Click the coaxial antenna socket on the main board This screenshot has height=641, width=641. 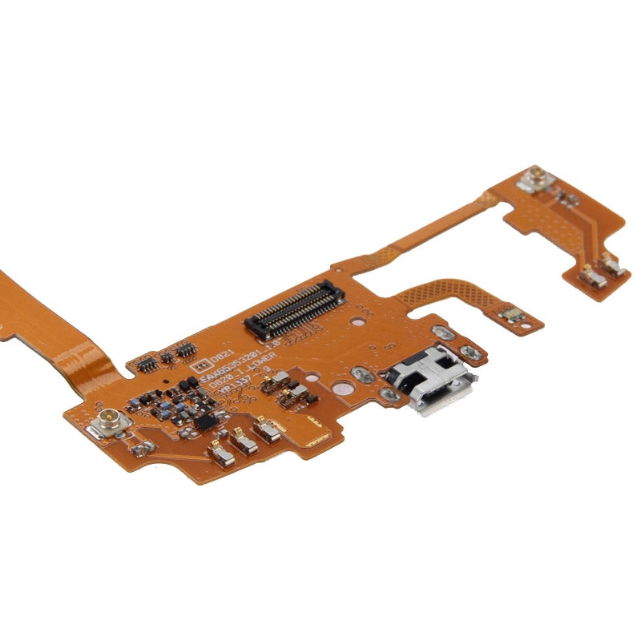coord(108,421)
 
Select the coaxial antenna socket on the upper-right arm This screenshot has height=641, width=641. coord(534,179)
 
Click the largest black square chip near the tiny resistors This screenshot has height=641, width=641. coord(205,420)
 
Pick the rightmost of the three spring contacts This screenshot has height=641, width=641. coord(268,431)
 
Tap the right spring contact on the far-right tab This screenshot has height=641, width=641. coord(613,265)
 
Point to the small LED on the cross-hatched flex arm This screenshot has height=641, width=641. coord(513,316)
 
